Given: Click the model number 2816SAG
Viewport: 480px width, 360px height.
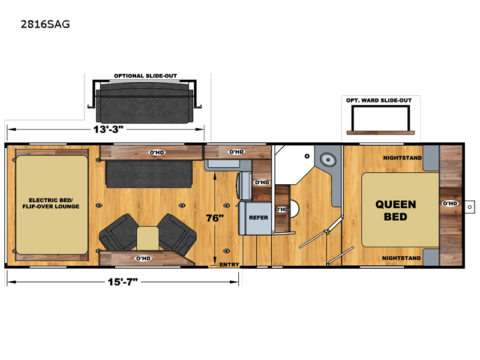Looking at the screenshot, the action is pyautogui.click(x=46, y=24).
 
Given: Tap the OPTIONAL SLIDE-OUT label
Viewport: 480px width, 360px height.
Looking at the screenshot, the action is pyautogui.click(x=145, y=76).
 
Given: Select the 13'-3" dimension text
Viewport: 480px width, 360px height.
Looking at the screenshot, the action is pyautogui.click(x=108, y=129).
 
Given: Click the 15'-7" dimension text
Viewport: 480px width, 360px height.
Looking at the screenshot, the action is pyautogui.click(x=122, y=281).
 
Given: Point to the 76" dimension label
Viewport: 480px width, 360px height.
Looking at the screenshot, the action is pyautogui.click(x=215, y=218).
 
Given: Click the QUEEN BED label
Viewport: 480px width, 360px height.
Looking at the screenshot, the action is pyautogui.click(x=395, y=211).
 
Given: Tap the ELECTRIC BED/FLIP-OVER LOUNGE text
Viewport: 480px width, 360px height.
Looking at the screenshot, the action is pyautogui.click(x=51, y=203).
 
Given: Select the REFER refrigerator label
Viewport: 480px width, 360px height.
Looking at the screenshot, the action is pyautogui.click(x=259, y=218).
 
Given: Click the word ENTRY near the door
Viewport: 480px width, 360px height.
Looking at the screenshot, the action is pyautogui.click(x=229, y=265).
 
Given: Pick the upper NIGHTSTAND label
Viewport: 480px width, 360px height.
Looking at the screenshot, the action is pyautogui.click(x=403, y=158).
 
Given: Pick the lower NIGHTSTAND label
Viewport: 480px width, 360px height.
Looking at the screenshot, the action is pyautogui.click(x=401, y=258).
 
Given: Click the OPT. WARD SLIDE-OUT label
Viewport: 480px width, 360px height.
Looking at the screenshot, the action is pyautogui.click(x=379, y=100).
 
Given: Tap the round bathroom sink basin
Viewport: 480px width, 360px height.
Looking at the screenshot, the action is pyautogui.click(x=328, y=160).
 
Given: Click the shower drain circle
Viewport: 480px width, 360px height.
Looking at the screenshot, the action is pyautogui.click(x=307, y=156).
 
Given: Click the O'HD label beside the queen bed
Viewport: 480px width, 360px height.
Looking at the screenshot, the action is pyautogui.click(x=450, y=203).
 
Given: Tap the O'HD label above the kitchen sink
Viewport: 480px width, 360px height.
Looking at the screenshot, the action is pyautogui.click(x=236, y=152).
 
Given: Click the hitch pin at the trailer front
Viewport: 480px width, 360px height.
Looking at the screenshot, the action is pyautogui.click(x=470, y=207).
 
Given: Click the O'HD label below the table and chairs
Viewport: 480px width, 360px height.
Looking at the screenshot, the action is pyautogui.click(x=143, y=259).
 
